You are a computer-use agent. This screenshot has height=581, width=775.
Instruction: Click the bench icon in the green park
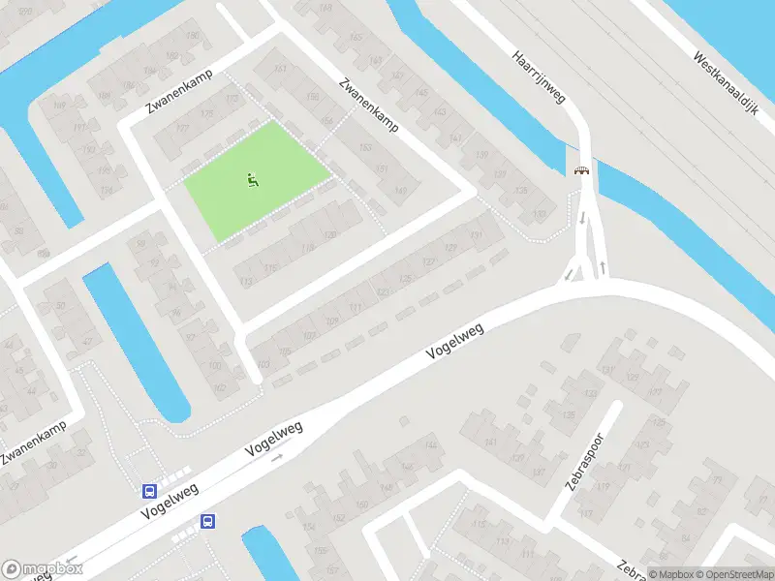coord(252,178)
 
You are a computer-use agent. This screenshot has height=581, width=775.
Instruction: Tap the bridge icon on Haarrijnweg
coord(582,170)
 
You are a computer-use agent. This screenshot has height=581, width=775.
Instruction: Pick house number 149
coord(400,191)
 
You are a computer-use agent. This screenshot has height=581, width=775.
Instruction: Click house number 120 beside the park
coord(330,235)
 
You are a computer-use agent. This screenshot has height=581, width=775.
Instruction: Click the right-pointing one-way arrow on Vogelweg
coord(276,456)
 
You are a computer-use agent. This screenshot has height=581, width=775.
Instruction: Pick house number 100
coord(215,366)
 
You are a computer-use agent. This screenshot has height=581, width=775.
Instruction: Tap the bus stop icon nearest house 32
coord(150,491)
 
